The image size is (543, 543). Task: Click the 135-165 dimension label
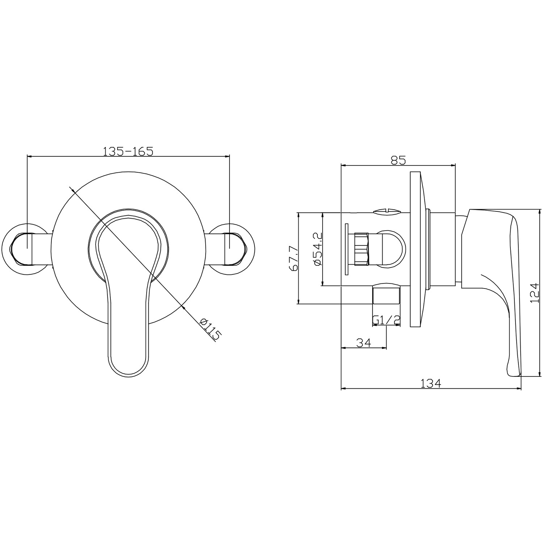pos(128,151)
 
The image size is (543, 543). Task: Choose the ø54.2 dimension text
pos(317,250)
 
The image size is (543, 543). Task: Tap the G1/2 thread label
pos(386,320)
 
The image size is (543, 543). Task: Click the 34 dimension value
pos(363,342)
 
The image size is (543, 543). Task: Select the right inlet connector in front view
pos(236,249)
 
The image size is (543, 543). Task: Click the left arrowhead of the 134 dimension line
pos(343,390)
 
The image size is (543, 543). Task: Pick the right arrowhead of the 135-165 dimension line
pos(228,156)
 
